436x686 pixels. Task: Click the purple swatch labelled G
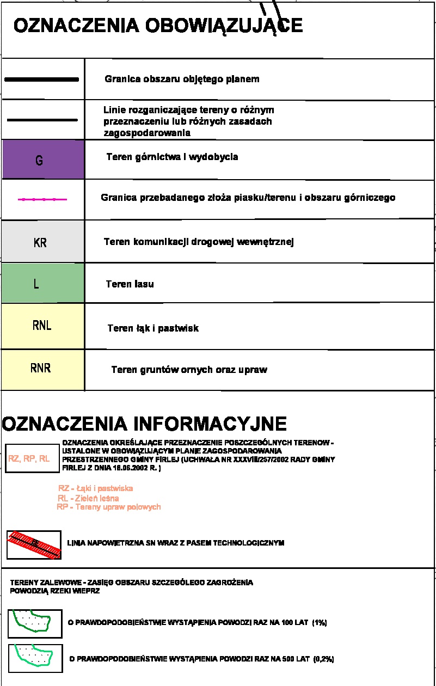pyautogui.click(x=43, y=160)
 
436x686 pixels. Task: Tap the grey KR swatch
pyautogui.click(x=43, y=241)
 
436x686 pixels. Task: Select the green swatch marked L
pyautogui.click(x=43, y=283)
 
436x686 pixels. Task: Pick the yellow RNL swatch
pyautogui.click(x=43, y=326)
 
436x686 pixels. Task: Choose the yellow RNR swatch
pyautogui.click(x=43, y=369)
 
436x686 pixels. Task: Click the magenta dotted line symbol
pyautogui.click(x=42, y=200)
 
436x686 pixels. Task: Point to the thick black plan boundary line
pyautogui.click(x=42, y=79)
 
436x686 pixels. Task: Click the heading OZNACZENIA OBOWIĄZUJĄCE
pyautogui.click(x=158, y=26)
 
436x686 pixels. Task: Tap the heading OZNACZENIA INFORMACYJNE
pyautogui.click(x=145, y=424)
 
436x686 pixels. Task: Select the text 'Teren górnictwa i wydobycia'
pyautogui.click(x=172, y=157)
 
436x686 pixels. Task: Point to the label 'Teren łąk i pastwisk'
pyautogui.click(x=153, y=328)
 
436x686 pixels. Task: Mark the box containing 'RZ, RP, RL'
pyautogui.click(x=29, y=458)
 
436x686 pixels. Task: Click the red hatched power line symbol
pyautogui.click(x=34, y=544)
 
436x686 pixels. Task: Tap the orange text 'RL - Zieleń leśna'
pyautogui.click(x=88, y=498)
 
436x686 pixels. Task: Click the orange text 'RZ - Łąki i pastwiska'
pyautogui.click(x=95, y=488)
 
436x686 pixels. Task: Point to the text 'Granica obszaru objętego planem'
pyautogui.click(x=182, y=79)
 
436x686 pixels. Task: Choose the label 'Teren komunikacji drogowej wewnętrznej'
pyautogui.click(x=199, y=242)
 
